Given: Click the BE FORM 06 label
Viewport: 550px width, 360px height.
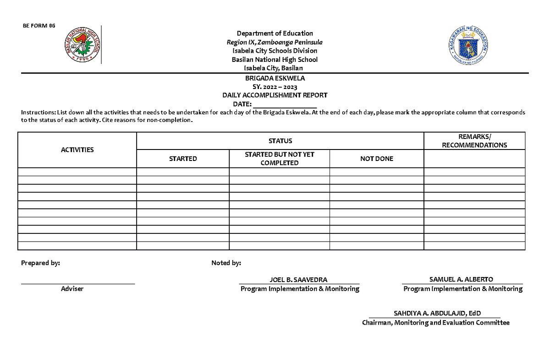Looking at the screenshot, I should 39,26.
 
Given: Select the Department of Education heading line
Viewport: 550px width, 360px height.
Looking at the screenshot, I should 275,33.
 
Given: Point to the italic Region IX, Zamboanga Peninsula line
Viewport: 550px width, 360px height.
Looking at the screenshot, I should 275,42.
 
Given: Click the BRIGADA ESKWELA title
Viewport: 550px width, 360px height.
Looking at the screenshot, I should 275,78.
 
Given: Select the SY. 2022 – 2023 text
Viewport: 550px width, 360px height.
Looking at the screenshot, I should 275,87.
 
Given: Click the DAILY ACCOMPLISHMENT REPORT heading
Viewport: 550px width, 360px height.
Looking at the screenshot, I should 275,95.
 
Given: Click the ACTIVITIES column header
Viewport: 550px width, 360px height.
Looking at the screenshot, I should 77,150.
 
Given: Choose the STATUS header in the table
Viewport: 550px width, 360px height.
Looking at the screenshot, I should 280,141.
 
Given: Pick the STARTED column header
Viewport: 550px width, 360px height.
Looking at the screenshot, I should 183,159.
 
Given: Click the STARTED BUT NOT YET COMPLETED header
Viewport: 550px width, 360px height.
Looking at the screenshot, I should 279,159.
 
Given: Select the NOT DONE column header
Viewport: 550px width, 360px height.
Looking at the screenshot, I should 377,159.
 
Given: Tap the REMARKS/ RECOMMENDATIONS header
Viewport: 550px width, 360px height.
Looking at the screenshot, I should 474,141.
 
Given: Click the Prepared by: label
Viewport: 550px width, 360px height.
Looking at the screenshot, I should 40,263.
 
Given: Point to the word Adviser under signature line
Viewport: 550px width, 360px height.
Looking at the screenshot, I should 72,289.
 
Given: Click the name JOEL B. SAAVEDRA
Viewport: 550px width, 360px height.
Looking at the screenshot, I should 299,280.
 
